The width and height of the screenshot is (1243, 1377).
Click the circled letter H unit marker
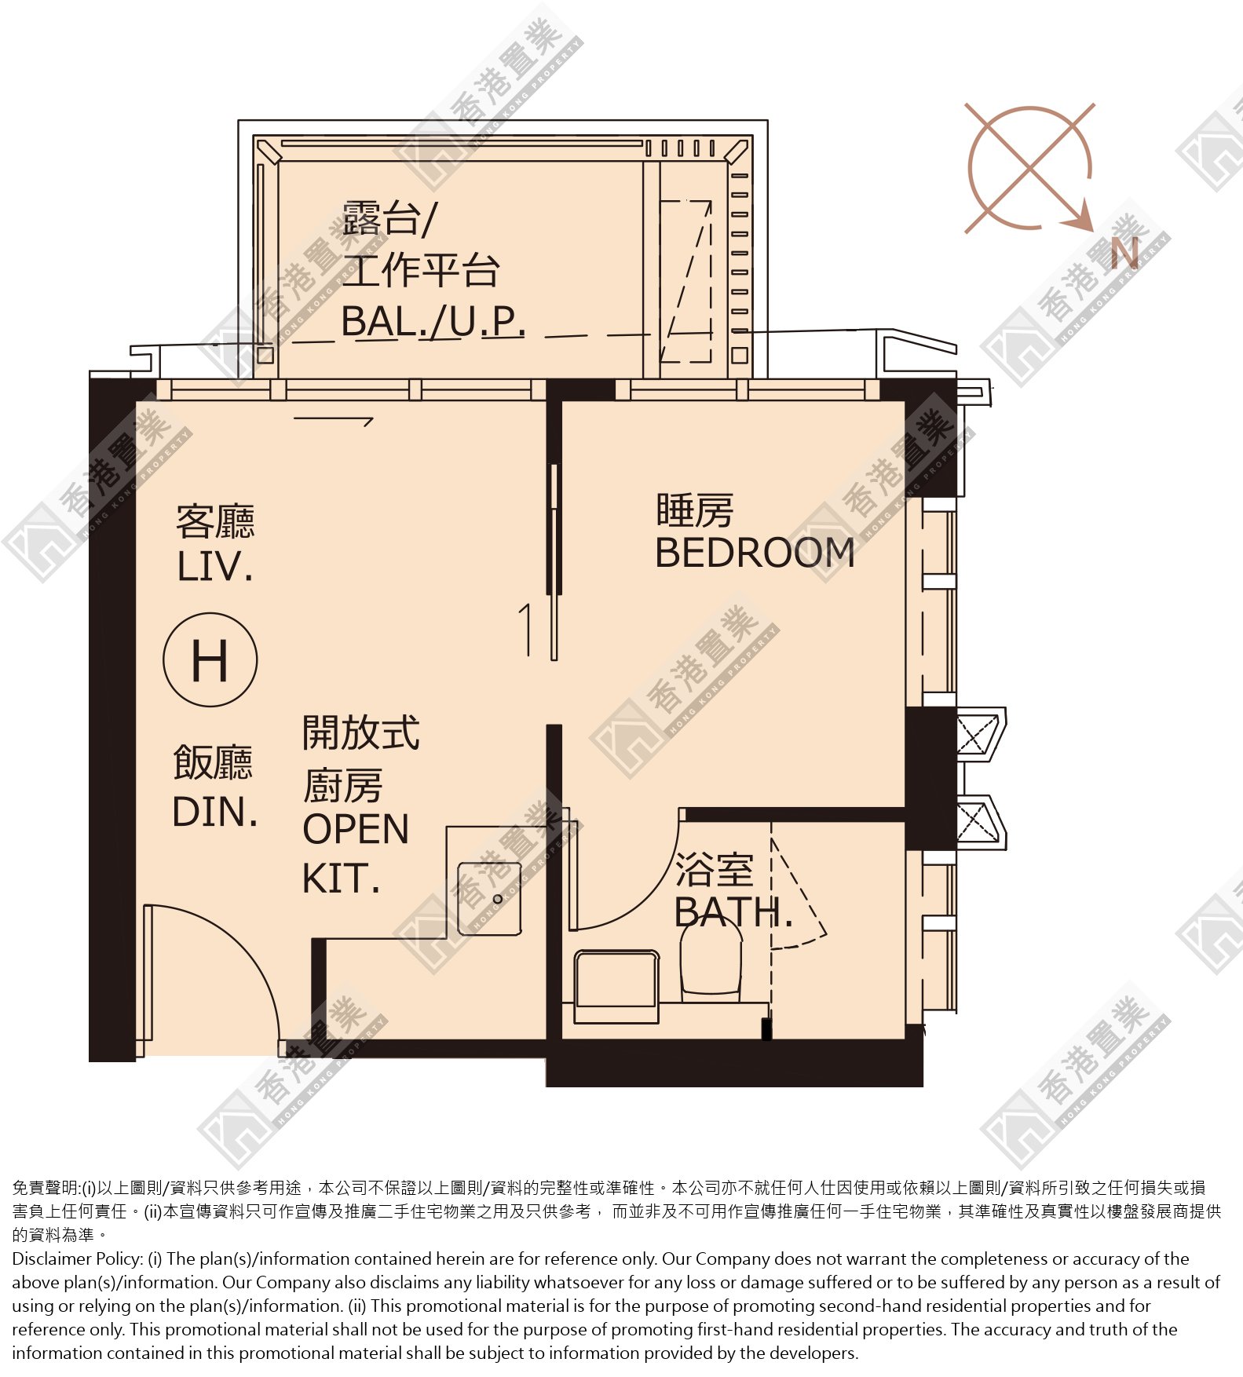tap(210, 659)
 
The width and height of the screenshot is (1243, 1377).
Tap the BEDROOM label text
tap(755, 553)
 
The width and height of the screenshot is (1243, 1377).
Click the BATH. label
tap(733, 912)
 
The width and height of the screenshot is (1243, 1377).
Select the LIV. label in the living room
tap(215, 567)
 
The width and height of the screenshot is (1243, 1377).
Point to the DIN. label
tap(215, 813)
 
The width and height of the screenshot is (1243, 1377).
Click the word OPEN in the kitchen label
tap(356, 830)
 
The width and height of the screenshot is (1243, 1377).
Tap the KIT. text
tap(342, 879)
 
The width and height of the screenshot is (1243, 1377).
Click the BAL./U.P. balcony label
tap(433, 321)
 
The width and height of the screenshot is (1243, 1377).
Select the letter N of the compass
tap(1124, 254)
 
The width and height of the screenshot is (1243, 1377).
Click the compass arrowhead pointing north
tap(1081, 217)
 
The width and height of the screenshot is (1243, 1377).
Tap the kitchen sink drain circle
tap(497, 899)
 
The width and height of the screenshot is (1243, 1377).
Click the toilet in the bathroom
tap(711, 959)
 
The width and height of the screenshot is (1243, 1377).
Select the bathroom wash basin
tap(616, 987)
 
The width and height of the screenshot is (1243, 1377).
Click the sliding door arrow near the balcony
tap(333, 420)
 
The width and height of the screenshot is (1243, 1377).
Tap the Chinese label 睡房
tap(695, 511)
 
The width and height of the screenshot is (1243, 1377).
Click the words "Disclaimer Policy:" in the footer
tap(77, 1259)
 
